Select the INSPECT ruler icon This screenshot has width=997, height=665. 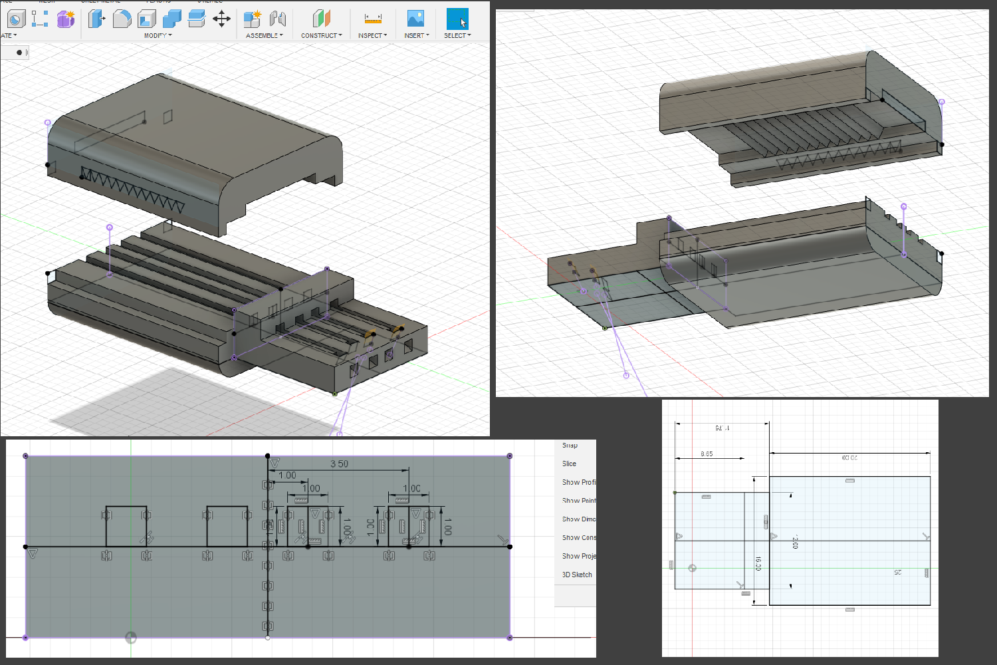[373, 19]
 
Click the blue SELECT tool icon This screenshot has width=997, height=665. [457, 19]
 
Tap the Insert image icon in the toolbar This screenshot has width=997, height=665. [415, 19]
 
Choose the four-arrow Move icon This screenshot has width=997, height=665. [221, 19]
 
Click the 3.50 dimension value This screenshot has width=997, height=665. [339, 464]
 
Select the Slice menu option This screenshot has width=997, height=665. [569, 464]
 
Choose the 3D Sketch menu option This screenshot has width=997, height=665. [577, 575]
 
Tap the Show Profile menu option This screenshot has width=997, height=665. [578, 482]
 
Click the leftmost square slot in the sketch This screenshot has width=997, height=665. [126, 526]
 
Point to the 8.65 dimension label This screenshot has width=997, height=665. [707, 454]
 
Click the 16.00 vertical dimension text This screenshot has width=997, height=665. [758, 564]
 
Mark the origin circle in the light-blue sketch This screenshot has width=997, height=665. [692, 568]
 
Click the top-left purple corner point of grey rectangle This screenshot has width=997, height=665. [26, 456]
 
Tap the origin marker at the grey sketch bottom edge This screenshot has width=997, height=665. [131, 638]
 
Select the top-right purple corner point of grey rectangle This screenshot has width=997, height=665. [510, 456]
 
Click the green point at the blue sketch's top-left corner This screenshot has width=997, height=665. [675, 493]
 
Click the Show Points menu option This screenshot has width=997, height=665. [578, 501]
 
